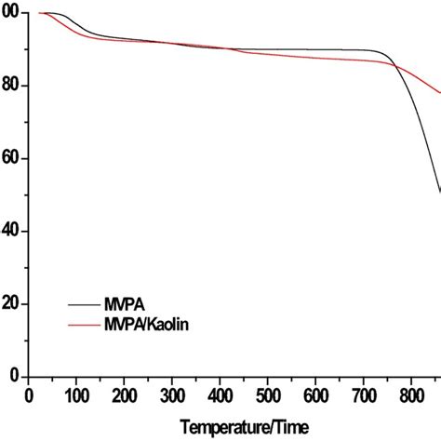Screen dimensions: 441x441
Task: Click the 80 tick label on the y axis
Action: [x=11, y=86]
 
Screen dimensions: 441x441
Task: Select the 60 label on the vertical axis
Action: [x=11, y=158]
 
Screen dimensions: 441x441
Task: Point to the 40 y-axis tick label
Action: [x=11, y=231]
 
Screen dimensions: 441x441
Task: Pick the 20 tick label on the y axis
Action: [x=11, y=304]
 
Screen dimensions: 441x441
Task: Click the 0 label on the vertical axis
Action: [x=15, y=377]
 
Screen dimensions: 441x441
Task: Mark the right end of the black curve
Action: [x=440, y=193]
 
